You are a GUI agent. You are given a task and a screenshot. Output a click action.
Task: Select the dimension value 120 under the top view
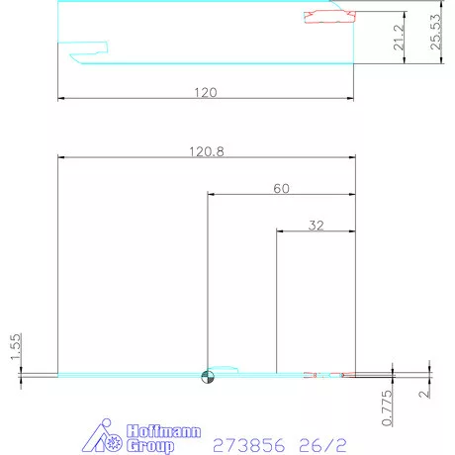205,92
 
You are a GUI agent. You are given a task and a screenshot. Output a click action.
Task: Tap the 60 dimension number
281,187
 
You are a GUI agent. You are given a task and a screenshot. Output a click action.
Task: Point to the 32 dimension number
316,226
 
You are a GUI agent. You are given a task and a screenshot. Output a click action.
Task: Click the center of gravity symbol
207,375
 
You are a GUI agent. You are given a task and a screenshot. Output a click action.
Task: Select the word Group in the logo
150,446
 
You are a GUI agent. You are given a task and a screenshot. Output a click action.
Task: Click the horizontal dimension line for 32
315,232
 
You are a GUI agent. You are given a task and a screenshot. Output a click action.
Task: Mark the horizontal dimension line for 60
281,194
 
